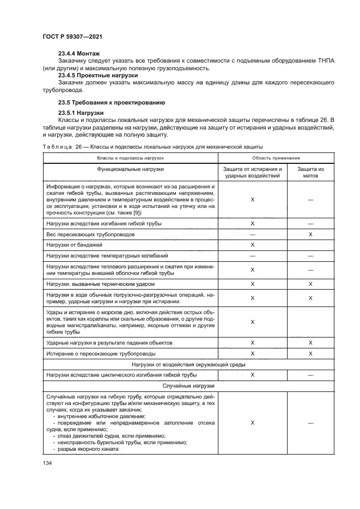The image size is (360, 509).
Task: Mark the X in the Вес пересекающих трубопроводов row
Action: pyautogui.click(x=310, y=234)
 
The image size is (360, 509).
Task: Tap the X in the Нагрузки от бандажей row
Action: pyautogui.click(x=253, y=245)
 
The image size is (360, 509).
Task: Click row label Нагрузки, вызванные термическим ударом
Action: pyautogui.click(x=101, y=284)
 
